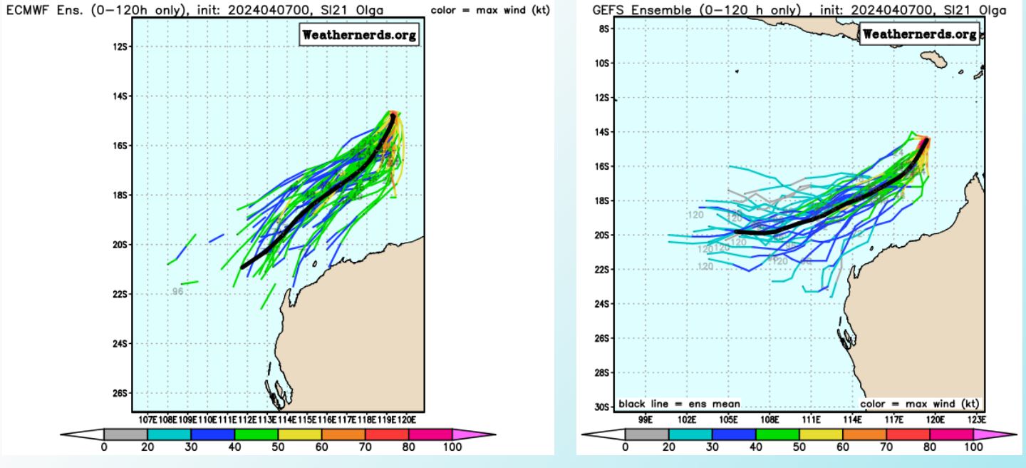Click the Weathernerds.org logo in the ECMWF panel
click(x=358, y=35)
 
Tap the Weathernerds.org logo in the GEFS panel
click(x=921, y=35)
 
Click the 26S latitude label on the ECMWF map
click(x=121, y=393)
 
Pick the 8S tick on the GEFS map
click(x=603, y=29)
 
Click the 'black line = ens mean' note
click(x=679, y=405)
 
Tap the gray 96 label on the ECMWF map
click(x=178, y=291)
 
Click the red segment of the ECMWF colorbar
click(x=387, y=434)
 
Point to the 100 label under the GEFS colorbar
click(x=973, y=447)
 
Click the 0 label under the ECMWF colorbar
click(x=104, y=447)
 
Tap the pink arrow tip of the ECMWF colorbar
click(x=484, y=434)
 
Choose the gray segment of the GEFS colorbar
click(x=647, y=434)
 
